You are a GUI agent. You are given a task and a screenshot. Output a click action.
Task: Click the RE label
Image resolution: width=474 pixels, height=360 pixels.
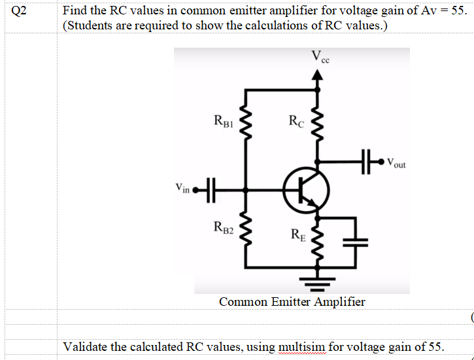click(296, 233)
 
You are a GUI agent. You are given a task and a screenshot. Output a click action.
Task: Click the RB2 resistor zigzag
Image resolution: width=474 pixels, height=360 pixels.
click(246, 230)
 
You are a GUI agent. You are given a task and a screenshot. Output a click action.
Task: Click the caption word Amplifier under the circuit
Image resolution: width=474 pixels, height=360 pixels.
click(340, 302)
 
